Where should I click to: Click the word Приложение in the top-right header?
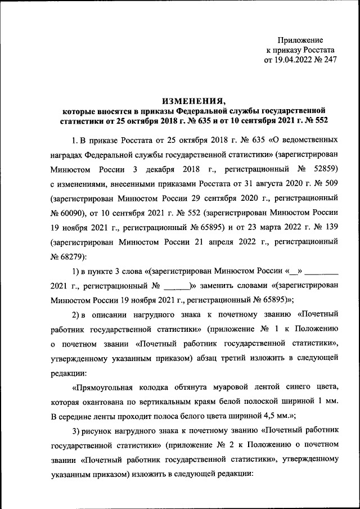tap(301, 40)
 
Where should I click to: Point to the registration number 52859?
tap(325, 168)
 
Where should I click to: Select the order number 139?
tap(330, 227)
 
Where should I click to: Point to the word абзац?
tap(226, 357)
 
